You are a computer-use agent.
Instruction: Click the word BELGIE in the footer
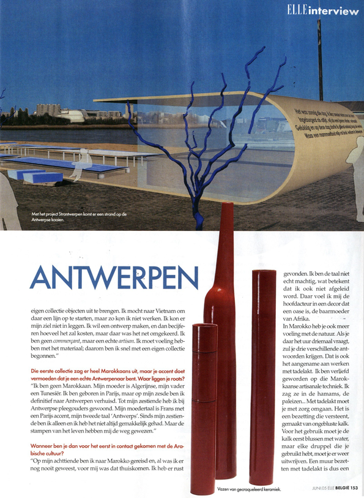(x=334, y=488)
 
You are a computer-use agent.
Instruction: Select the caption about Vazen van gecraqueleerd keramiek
(x=247, y=488)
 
